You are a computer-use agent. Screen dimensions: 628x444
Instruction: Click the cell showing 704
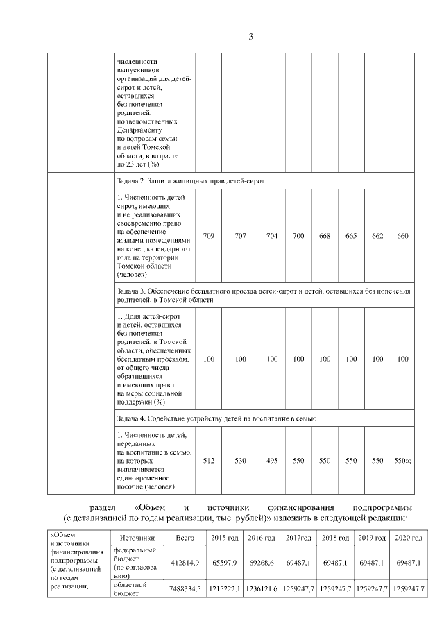(x=272, y=236)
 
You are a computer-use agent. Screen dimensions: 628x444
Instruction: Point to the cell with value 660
(x=402, y=236)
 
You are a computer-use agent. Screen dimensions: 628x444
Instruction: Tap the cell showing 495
(x=272, y=460)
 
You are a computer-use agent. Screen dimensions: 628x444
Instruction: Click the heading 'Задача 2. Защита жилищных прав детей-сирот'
(x=191, y=180)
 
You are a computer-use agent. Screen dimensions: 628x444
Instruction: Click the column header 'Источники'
(x=137, y=538)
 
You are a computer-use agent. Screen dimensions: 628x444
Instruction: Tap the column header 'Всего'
(x=185, y=538)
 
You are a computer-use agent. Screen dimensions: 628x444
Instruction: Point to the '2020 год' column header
(x=408, y=538)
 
